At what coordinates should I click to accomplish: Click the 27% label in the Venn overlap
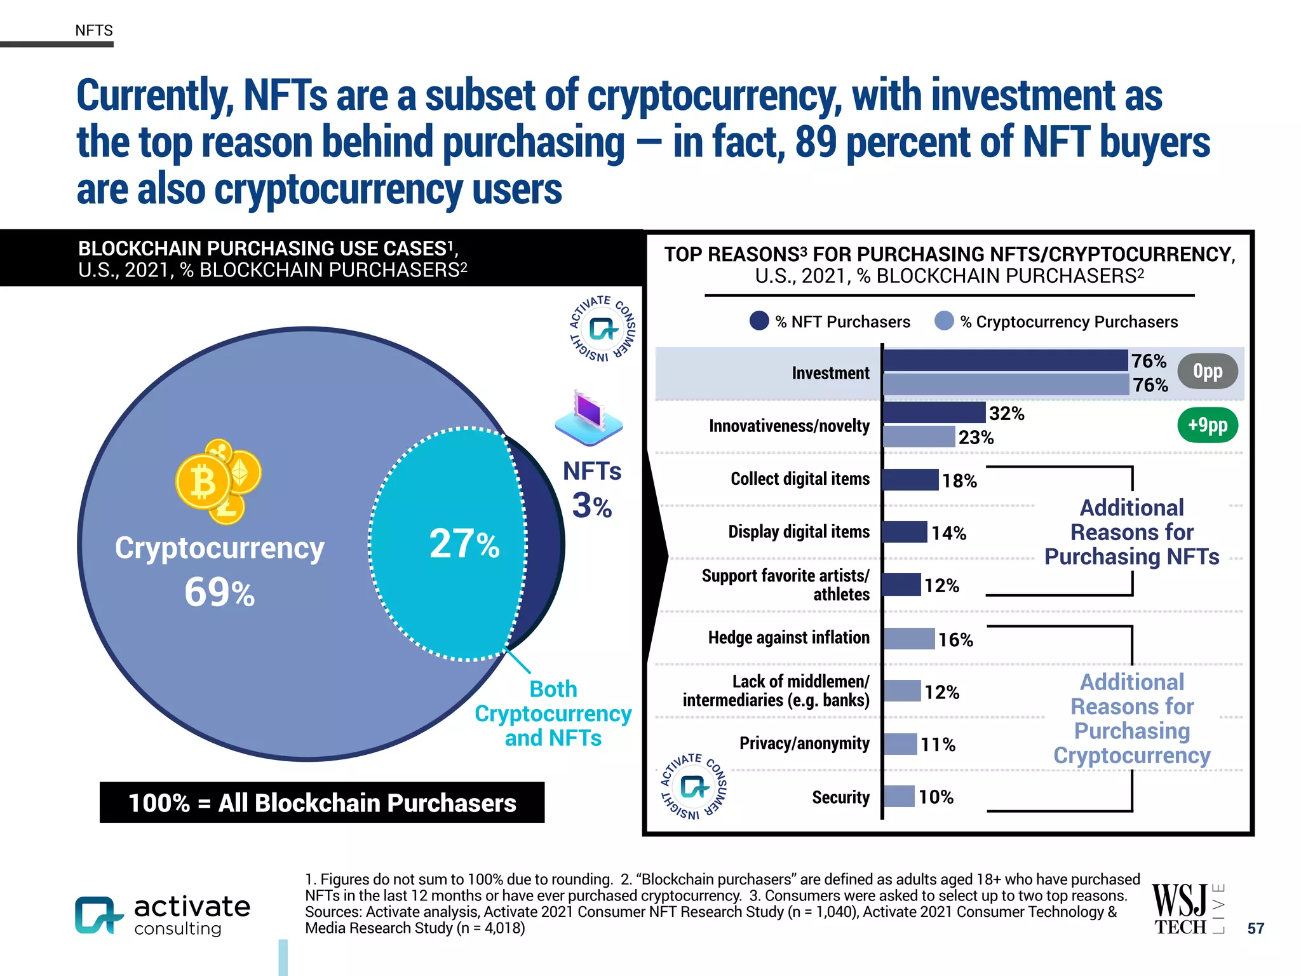coord(464,544)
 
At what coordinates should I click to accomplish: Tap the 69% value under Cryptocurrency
coord(219,592)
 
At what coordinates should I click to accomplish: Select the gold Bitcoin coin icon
coord(203,483)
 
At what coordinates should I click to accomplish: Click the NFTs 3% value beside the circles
coord(591,506)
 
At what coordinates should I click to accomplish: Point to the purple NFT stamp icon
coord(588,417)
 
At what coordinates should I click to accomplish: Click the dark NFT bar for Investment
coord(1005,360)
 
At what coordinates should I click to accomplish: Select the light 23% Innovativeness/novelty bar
coord(919,437)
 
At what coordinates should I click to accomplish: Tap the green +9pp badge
coord(1207,425)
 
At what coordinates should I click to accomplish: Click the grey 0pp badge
coord(1207,371)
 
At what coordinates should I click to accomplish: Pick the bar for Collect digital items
coord(910,480)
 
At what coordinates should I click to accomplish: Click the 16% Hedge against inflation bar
coord(909,639)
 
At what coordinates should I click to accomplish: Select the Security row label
coord(840,797)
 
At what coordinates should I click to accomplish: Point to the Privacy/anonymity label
coord(804,743)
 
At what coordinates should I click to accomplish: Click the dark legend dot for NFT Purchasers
coord(759,321)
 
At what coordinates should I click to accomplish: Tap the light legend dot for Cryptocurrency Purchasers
coord(944,321)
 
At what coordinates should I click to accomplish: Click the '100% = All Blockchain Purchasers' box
coord(322,803)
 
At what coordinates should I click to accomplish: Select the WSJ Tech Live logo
coord(1186,909)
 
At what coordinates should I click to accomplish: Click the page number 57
coord(1255,928)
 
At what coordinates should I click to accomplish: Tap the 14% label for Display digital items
coord(948,532)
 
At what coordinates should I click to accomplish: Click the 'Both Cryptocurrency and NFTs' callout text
coord(553,714)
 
